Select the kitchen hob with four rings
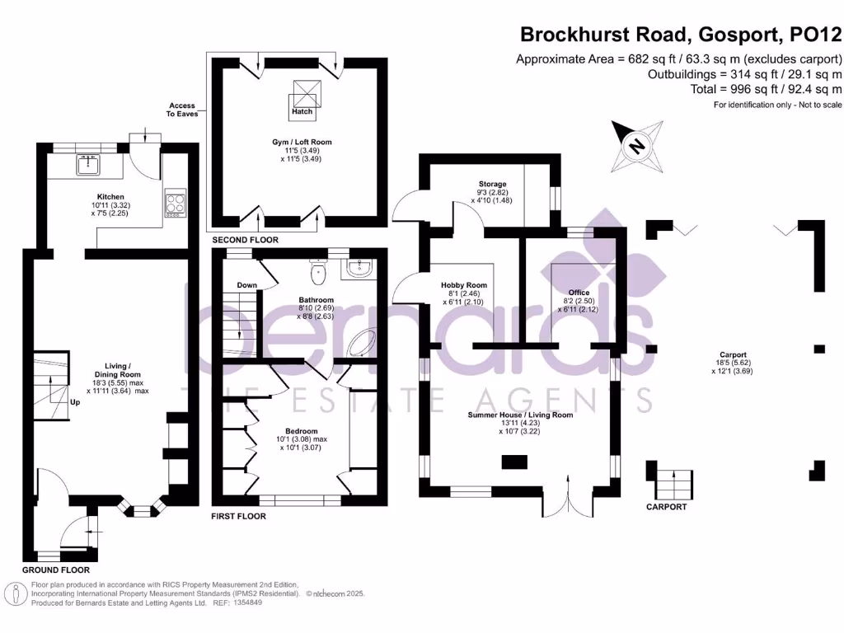pos(175,203)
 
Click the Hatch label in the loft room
pos(302,111)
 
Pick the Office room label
pos(579,293)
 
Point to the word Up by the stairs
pos(75,403)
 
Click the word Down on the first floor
pos(246,285)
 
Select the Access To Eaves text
pos(182,110)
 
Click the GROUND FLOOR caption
pos(55,570)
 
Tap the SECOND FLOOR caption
pos(245,240)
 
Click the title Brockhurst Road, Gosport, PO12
pos(680,35)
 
